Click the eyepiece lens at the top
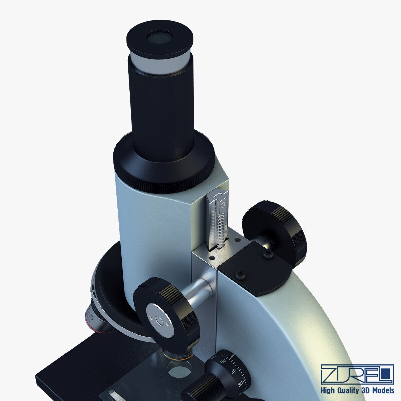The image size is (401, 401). (x=160, y=38)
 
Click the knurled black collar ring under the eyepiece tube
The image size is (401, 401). (x=163, y=167)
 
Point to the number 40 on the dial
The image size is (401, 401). (x=234, y=371)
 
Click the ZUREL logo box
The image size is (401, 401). (x=357, y=374)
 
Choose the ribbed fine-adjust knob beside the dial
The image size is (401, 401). (x=200, y=389)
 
